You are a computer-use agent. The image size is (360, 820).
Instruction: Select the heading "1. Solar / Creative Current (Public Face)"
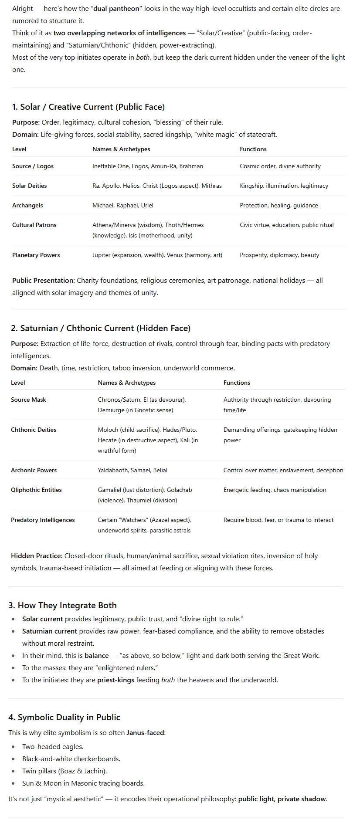coord(88,107)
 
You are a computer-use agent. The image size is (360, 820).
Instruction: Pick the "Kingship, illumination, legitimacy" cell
coord(284,186)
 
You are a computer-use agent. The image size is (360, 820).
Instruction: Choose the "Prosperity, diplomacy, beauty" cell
coord(279,255)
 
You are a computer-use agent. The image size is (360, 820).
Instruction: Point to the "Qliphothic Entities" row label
coord(36,490)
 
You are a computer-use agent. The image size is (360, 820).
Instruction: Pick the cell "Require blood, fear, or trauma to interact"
coord(278,520)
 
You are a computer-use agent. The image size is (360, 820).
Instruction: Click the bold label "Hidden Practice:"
coord(37,556)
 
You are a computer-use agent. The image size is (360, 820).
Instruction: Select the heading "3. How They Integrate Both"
coord(62,605)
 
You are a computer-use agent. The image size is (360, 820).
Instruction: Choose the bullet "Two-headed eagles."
coord(53,746)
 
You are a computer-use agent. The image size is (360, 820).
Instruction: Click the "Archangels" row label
coord(27,205)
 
